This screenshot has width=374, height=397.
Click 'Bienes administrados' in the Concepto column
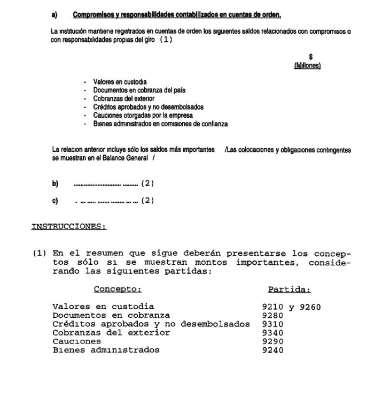pos(106,349)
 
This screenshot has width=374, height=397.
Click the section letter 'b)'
pos(54,184)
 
